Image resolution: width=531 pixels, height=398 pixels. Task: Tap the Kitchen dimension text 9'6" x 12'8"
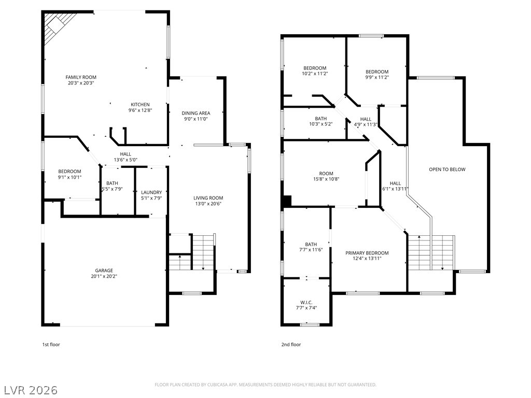tap(140, 110)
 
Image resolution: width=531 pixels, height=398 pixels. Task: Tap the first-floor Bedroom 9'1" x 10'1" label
tap(70, 174)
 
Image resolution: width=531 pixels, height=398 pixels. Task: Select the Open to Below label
tap(447, 169)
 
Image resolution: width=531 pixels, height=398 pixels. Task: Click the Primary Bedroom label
tap(367, 255)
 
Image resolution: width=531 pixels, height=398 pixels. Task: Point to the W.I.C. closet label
tap(306, 305)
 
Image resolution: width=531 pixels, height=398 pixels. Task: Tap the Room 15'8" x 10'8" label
tap(326, 176)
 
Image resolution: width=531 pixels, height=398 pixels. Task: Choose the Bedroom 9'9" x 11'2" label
tap(377, 74)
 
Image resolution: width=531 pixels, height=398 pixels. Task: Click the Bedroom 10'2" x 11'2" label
tap(315, 70)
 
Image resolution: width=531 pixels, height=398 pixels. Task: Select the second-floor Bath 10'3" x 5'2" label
tap(320, 121)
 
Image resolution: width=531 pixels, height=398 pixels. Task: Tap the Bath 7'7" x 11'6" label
tap(311, 247)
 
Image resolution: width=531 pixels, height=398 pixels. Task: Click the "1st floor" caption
tap(51, 345)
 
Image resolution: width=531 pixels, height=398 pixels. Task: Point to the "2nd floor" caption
tap(291, 345)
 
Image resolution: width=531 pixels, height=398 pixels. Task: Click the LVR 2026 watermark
tap(30, 390)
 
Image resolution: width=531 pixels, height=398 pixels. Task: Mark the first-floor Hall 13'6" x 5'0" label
tap(125, 157)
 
